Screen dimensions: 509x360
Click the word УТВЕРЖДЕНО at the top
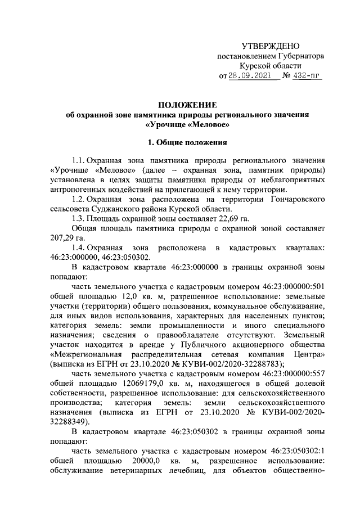click(271, 46)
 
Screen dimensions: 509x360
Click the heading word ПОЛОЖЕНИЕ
click(188, 105)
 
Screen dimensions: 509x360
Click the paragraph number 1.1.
click(79, 160)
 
